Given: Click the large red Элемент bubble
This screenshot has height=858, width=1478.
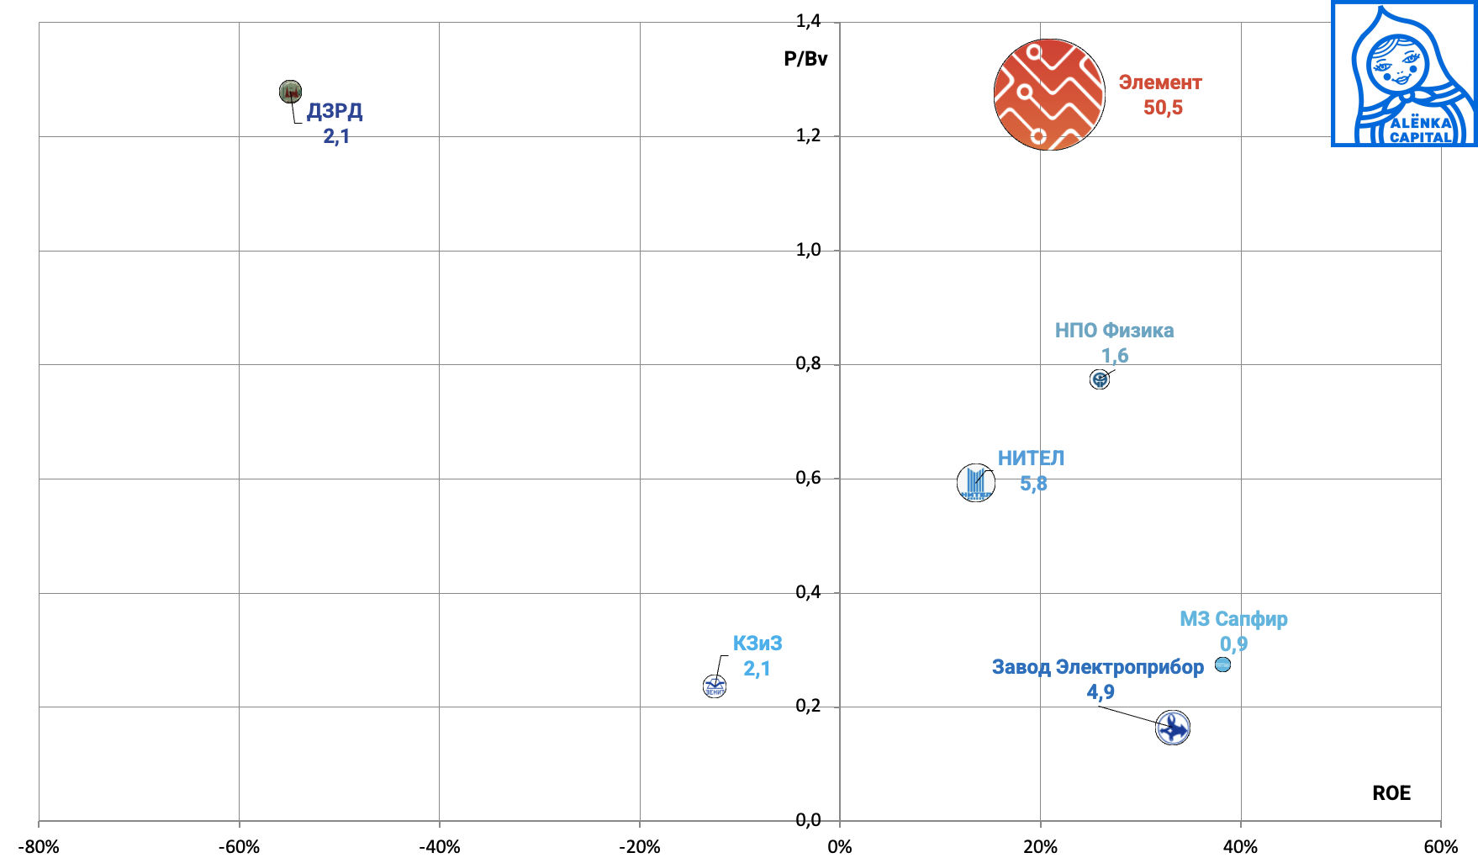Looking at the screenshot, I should tap(1049, 94).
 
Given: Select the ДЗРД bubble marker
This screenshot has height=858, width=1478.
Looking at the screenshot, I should tap(290, 92).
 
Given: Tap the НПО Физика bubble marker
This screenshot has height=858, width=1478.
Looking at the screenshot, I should tap(1100, 379).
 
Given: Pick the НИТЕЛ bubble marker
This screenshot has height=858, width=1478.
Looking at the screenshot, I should tap(976, 483).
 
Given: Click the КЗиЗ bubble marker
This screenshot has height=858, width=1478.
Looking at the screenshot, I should tap(715, 686).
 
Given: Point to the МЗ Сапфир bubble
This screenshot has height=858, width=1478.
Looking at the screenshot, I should tap(1222, 665).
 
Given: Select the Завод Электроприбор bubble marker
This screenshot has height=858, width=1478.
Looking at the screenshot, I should tap(1173, 728).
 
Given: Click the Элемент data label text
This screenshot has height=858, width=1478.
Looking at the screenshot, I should tap(1160, 82).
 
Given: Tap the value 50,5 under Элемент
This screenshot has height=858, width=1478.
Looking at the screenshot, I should tap(1163, 108).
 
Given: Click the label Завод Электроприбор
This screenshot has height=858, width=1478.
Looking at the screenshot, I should tap(1098, 667).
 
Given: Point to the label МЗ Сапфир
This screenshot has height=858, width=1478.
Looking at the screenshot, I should tap(1233, 619).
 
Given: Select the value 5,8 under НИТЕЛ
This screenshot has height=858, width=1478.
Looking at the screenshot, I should tap(1033, 484).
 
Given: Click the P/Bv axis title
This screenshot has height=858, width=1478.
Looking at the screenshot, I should tap(805, 59).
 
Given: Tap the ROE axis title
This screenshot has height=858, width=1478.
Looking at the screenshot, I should tap(1391, 793).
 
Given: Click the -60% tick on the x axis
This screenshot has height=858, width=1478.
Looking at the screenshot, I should tap(239, 846).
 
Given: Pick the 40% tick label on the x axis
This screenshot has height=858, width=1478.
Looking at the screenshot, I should tap(1240, 846).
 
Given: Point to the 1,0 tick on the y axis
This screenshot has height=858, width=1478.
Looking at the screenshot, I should tap(809, 250).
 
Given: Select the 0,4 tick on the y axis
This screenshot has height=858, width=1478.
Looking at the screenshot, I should tap(809, 592).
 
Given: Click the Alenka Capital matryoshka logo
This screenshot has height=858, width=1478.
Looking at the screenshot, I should tap(1404, 74).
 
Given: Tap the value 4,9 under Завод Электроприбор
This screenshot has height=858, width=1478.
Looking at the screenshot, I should tap(1101, 692).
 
